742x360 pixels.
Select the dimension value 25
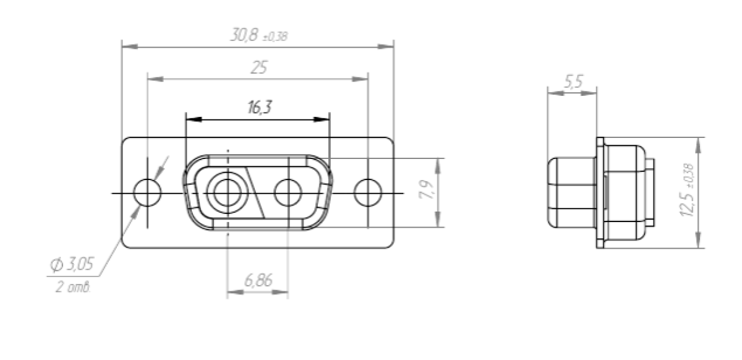coord(258,68)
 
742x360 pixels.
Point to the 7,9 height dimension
coord(427,192)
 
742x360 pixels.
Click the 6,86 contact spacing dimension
coord(258,281)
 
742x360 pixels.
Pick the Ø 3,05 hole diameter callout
coord(72,265)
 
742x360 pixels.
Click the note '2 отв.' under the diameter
coord(74,288)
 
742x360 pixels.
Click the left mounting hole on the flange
coord(148,192)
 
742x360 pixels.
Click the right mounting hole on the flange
coord(368,192)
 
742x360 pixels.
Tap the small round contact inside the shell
coord(288,192)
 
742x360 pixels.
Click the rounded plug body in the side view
coord(570,192)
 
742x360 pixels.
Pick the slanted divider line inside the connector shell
coord(257,192)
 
